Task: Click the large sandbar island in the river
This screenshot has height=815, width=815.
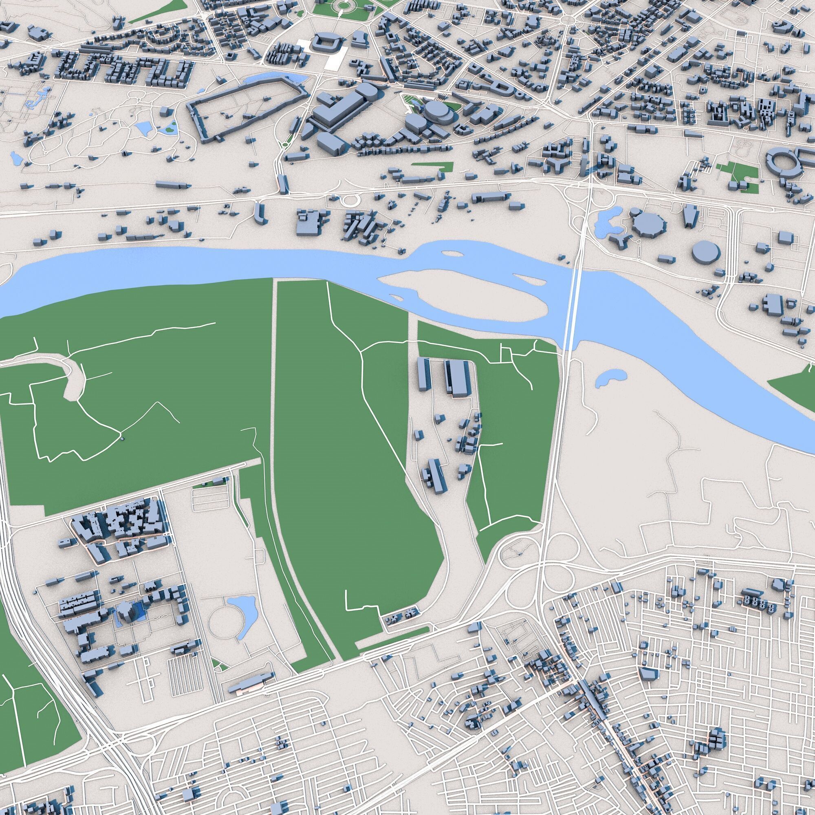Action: pos(464,291)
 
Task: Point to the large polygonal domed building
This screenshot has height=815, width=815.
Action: pos(649,223)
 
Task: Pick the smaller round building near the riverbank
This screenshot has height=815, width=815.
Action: pos(705,251)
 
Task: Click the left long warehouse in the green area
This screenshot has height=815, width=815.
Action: pos(423,374)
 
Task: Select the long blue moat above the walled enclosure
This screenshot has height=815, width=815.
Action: pos(274,79)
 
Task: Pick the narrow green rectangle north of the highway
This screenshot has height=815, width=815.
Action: pos(432,166)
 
